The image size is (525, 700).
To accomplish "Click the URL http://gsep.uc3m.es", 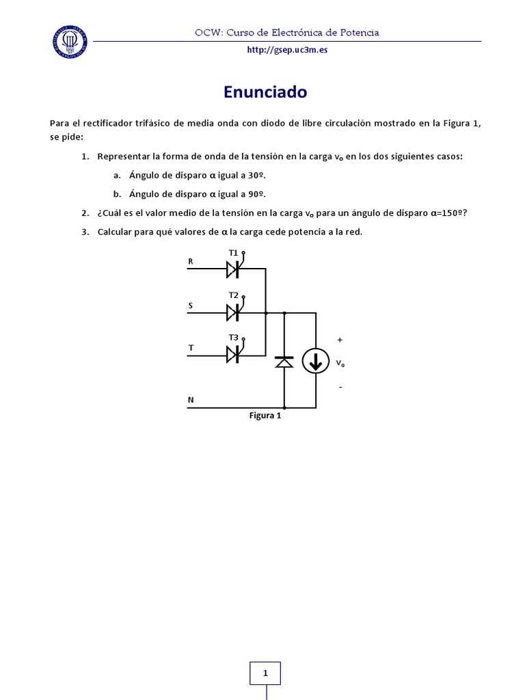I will pyautogui.click(x=287, y=50).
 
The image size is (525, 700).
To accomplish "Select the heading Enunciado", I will pyautogui.click(x=265, y=92).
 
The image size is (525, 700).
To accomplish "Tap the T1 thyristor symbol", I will pyautogui.click(x=233, y=269).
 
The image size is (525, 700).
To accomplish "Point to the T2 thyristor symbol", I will pyautogui.click(x=233, y=312).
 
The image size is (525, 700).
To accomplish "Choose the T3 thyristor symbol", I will pyautogui.click(x=233, y=354).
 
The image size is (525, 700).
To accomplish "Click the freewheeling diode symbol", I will pyautogui.click(x=284, y=362).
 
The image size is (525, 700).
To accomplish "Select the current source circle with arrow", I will pyautogui.click(x=315, y=361).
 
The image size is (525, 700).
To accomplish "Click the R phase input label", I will pyautogui.click(x=191, y=261).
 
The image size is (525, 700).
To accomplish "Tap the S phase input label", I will pyautogui.click(x=191, y=306).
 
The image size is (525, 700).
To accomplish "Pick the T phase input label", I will pyautogui.click(x=191, y=348).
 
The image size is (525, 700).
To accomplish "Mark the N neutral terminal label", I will pyautogui.click(x=191, y=400).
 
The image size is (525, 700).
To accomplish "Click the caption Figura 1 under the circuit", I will pyautogui.click(x=265, y=415).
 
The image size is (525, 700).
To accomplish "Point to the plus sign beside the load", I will pyautogui.click(x=340, y=340).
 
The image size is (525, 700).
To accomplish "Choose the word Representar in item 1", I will pyautogui.click(x=123, y=157).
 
